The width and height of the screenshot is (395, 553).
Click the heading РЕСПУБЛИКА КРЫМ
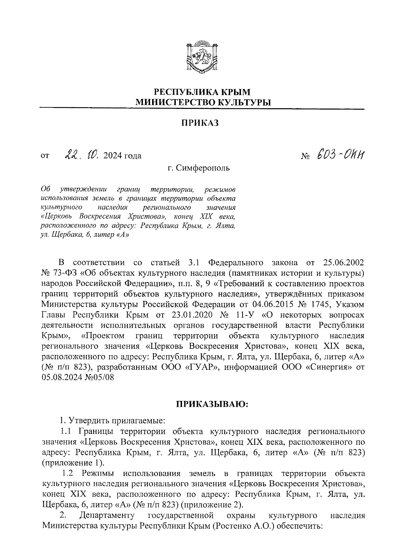(202, 92)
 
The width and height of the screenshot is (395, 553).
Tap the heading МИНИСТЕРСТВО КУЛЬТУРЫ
(202, 102)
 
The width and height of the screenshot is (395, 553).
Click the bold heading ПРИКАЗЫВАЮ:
(213, 404)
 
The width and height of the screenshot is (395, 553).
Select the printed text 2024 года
(122, 156)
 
